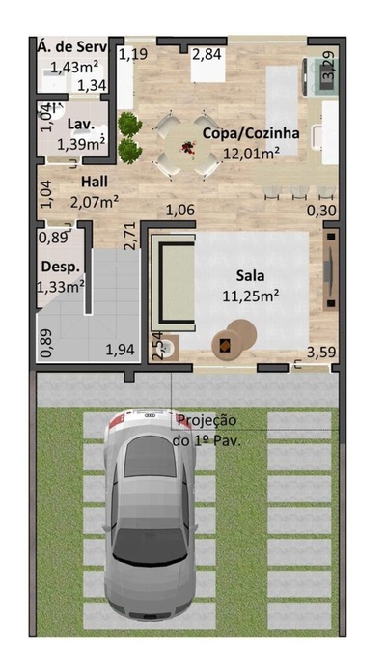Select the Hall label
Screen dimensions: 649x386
coord(94,182)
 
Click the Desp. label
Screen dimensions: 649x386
coord(57,266)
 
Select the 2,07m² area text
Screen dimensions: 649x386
coord(95,201)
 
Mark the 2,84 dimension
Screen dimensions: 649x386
coord(207,53)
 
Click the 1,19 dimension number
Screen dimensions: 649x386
coord(133,53)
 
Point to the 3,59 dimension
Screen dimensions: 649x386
coord(320,352)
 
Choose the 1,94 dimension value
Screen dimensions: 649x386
coord(120,349)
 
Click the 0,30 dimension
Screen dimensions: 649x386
coord(321,210)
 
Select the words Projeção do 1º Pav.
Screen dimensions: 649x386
coord(207,430)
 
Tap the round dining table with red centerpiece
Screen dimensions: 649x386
coord(184,146)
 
